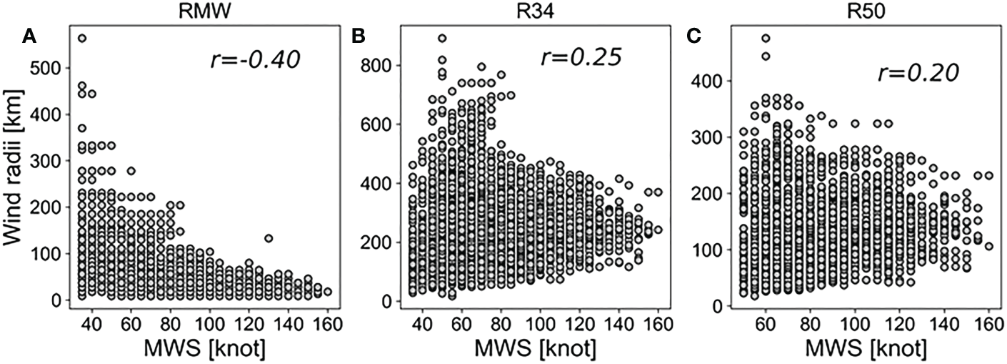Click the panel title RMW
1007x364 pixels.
(190, 11)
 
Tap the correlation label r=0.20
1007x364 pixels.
(918, 74)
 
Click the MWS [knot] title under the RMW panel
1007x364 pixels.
(190, 348)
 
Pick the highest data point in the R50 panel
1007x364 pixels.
(766, 39)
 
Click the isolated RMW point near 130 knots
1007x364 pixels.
(269, 238)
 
